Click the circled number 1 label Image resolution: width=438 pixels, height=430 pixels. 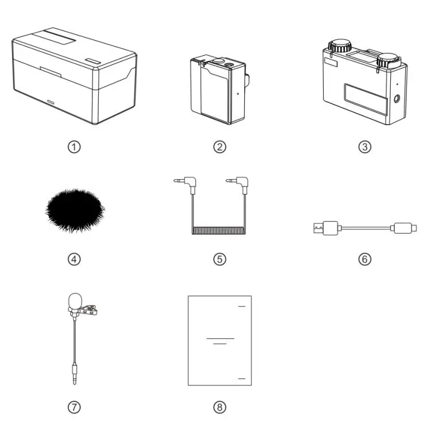pyautogui.click(x=74, y=146)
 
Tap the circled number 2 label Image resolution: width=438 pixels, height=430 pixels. pyautogui.click(x=219, y=146)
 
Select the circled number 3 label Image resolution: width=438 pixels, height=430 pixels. pyautogui.click(x=364, y=146)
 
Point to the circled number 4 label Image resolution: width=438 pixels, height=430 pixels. pyautogui.click(x=74, y=259)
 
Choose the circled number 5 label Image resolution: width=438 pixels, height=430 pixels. pyautogui.click(x=219, y=259)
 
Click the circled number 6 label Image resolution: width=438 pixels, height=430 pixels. pyautogui.click(x=364, y=259)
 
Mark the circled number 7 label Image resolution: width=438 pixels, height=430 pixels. pyautogui.click(x=74, y=407)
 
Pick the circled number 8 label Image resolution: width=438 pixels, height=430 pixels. pyautogui.click(x=219, y=407)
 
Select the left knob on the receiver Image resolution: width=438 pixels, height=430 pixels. pyautogui.click(x=337, y=45)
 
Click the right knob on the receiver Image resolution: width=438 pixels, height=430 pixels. pyautogui.click(x=389, y=59)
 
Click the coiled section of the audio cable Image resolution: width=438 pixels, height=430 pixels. pyautogui.click(x=219, y=231)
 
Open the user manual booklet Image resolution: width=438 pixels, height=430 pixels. pyautogui.click(x=220, y=340)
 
